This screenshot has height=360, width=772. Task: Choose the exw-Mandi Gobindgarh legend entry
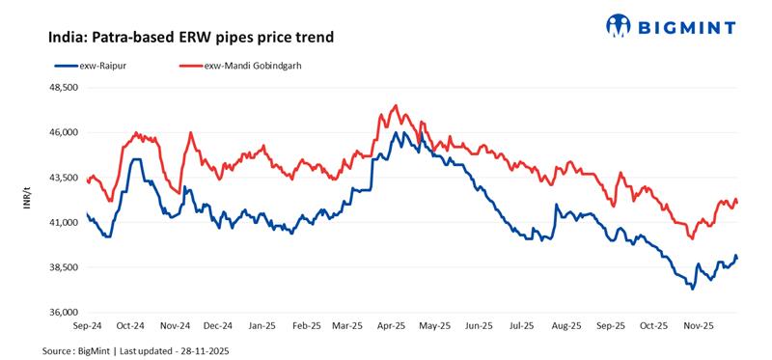[x=251, y=65]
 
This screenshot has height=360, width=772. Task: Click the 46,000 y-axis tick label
[x=63, y=132]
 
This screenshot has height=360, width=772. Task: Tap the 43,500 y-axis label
[x=63, y=178]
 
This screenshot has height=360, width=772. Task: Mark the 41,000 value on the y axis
[x=63, y=223]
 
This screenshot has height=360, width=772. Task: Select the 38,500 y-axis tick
[x=63, y=267]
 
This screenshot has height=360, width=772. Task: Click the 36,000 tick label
[x=63, y=313]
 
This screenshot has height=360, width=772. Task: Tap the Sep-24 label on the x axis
[x=87, y=326]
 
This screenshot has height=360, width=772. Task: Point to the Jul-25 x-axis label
[x=522, y=326]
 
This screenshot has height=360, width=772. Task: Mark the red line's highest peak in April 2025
[x=396, y=105]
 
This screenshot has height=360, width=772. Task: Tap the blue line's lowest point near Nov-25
[x=692, y=288]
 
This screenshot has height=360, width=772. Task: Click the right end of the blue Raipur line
[x=737, y=257]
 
